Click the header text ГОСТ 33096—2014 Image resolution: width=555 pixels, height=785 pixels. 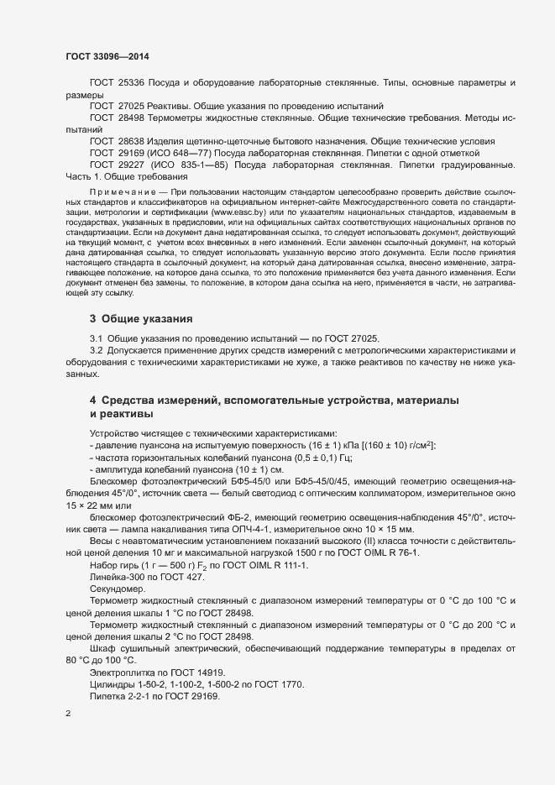[108, 56]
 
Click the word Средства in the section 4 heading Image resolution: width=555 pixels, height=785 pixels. [133, 401]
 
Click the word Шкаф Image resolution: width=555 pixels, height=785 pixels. [103, 644]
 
